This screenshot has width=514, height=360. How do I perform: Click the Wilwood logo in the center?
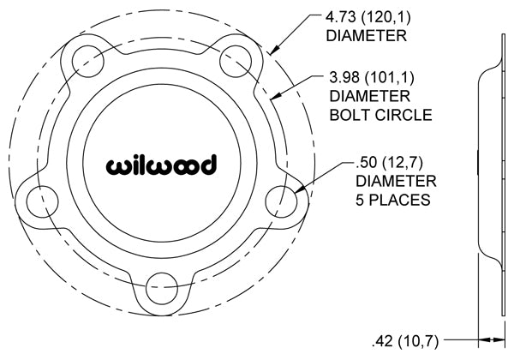point(161,165)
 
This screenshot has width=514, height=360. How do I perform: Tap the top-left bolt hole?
point(88,62)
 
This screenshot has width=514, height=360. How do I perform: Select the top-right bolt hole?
point(236,62)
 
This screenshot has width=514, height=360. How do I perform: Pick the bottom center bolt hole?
point(162,287)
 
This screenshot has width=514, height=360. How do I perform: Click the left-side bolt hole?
point(42,201)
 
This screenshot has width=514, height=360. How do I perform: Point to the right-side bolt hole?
point(281,201)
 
